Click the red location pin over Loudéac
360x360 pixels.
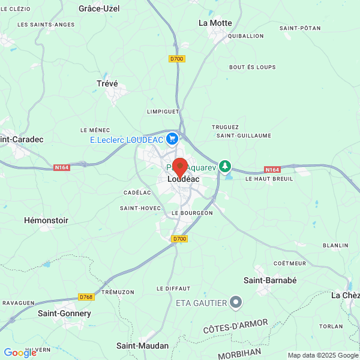click(179, 166)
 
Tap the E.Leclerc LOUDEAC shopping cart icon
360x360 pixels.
click(173, 139)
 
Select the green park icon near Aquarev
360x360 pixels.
click(225, 165)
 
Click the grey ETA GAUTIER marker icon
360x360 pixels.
click(236, 302)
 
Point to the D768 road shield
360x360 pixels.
click(86, 297)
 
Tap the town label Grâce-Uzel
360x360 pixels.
click(99, 8)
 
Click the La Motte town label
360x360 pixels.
click(215, 23)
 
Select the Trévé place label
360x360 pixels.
click(107, 84)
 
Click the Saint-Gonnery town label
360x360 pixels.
click(64, 313)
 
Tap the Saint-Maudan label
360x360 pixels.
click(142, 346)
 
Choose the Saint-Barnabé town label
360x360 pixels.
click(270, 280)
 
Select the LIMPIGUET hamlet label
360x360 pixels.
click(163, 111)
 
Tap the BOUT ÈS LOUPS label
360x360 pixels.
click(253, 67)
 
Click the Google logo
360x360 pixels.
click(20, 353)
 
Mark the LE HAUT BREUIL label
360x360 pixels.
click(269, 179)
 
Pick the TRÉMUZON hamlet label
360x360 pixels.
click(118, 292)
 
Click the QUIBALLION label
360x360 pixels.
click(246, 36)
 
